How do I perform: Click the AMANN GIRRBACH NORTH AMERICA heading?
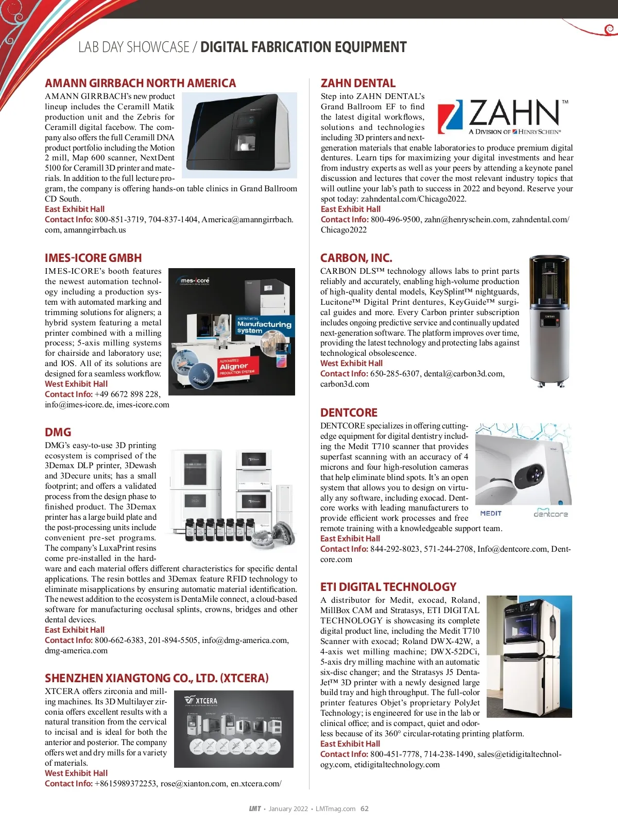pos(140,83)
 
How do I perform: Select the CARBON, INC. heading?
pos(356,258)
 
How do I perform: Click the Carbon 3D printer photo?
pos(550,321)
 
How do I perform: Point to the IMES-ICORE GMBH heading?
pos(93,258)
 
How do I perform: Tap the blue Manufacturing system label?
pos(264,326)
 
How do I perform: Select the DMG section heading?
pos(58,432)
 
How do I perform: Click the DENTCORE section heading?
pos(349,412)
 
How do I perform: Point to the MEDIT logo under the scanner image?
pos(490,513)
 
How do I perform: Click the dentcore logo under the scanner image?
pos(551,514)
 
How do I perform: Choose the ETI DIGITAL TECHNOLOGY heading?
pos(388,587)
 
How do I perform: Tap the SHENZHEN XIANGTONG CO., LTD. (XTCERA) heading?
pos(157,678)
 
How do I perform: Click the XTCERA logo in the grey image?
pos(201,701)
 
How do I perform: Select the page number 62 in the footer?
pos(365,808)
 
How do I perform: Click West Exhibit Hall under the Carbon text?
pos(351,363)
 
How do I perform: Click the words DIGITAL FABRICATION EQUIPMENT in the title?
pos(303,47)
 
